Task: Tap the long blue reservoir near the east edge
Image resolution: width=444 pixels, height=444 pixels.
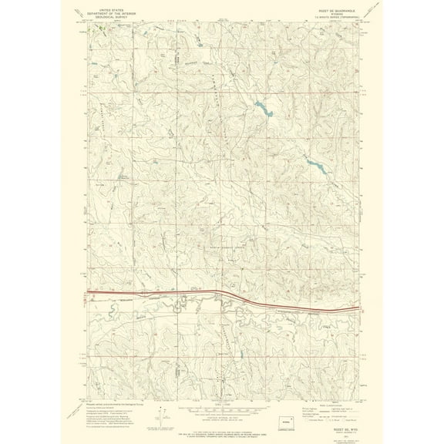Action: tap(315, 163)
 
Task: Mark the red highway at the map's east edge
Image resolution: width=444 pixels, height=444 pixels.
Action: tap(351, 309)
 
